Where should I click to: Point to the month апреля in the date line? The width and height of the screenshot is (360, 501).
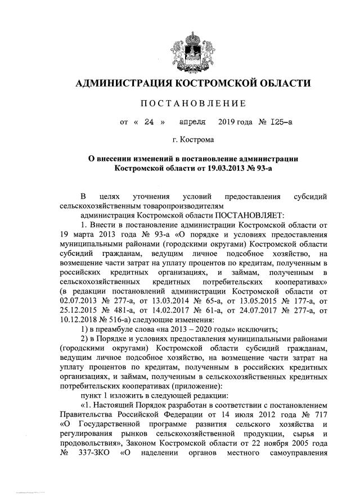pyautogui.click(x=192, y=120)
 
